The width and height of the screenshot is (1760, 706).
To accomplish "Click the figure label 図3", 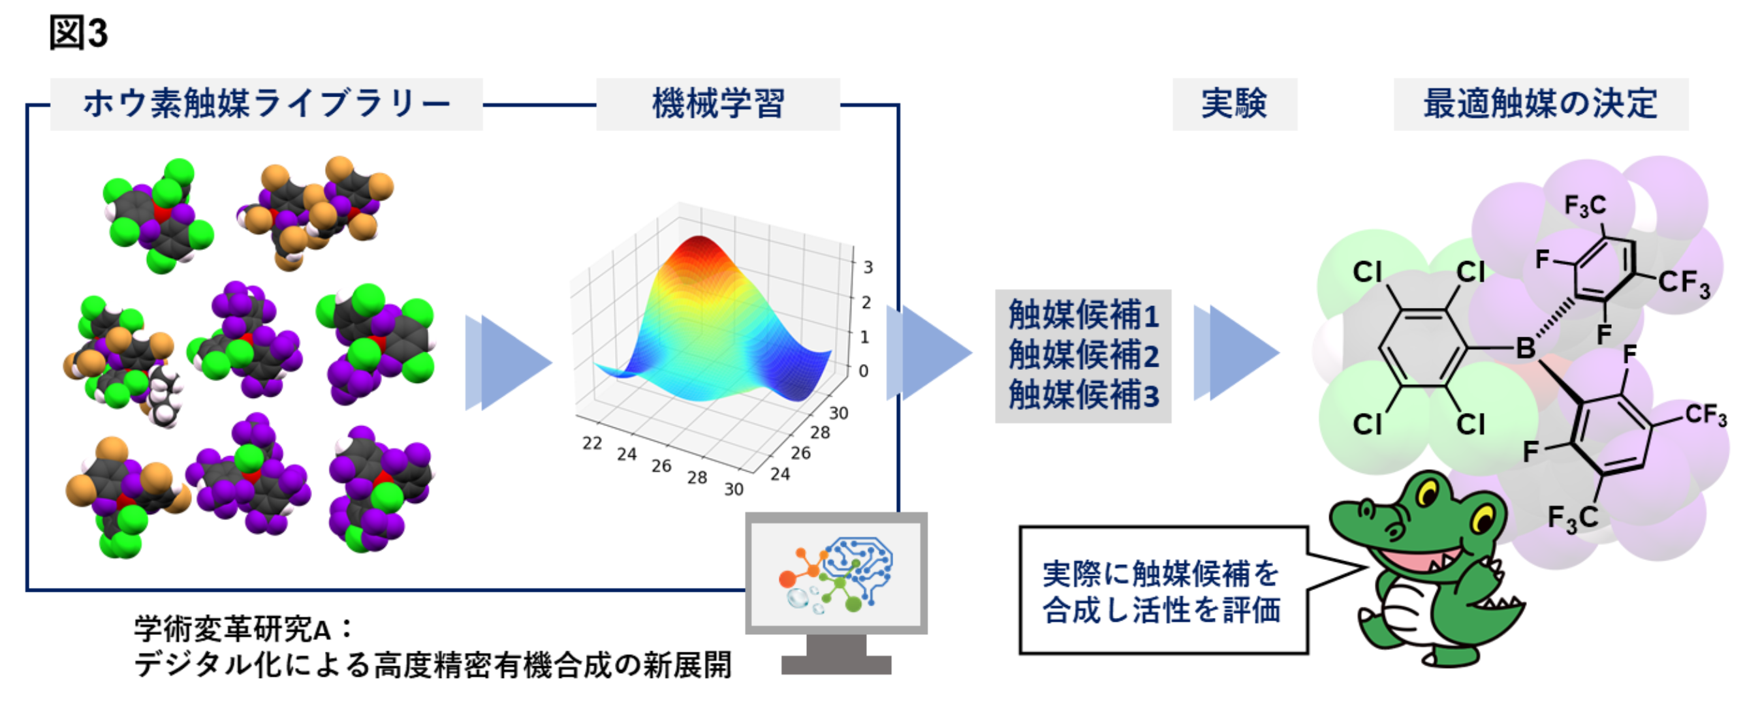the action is coord(78,33).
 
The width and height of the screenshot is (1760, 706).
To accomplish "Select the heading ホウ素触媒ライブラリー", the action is coord(266,104).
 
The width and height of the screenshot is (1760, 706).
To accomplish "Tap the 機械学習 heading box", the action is coord(718,104).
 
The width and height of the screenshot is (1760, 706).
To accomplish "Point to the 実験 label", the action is coord(1234,104).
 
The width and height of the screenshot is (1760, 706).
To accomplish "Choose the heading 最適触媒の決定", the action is coord(1541,104).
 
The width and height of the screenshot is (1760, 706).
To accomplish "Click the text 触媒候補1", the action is coord(1084,315).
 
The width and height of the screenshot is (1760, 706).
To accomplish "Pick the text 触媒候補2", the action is coord(1084,355).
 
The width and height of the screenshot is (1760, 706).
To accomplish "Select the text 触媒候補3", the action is coord(1084,395).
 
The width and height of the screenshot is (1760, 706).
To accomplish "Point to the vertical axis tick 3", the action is coord(868,267).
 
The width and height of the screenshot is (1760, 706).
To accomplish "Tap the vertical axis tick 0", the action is coord(864,371).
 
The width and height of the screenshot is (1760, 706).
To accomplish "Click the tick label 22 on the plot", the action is coord(592,443).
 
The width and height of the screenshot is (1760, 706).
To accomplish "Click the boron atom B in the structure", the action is coord(1526,348).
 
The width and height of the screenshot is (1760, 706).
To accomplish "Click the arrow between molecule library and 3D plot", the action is coord(509,363).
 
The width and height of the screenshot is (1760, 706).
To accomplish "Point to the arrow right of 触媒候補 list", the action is coord(1236,352).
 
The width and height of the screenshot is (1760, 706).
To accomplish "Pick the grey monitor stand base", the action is coord(836,664).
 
